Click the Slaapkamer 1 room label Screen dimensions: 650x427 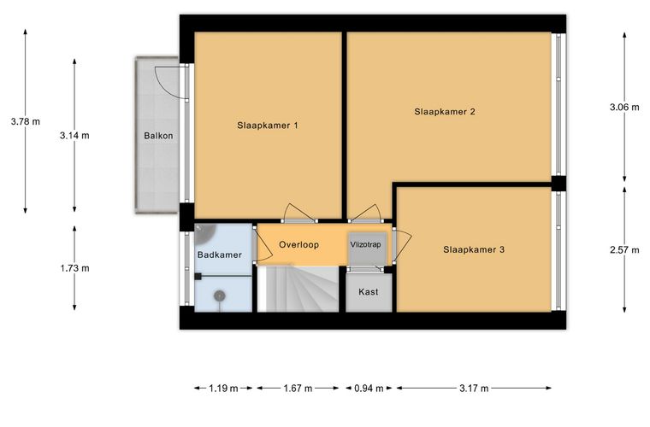(x=268, y=126)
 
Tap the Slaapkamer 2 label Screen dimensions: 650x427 (x=445, y=112)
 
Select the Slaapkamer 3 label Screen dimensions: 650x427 (x=474, y=249)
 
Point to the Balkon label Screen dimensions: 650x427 (x=158, y=136)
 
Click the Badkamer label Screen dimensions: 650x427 (x=219, y=254)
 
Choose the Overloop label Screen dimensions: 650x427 (x=298, y=244)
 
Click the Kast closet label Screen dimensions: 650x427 (x=368, y=292)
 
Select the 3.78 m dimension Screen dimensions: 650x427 (x=26, y=121)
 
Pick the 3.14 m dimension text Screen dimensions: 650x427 (x=74, y=135)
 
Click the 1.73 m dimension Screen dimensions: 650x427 (x=74, y=268)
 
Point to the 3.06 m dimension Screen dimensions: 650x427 (x=624, y=107)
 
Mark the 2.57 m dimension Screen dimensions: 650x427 (x=624, y=250)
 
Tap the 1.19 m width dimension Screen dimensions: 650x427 (x=223, y=388)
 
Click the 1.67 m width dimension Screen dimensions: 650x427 (x=298, y=388)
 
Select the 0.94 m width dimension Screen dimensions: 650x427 (x=369, y=388)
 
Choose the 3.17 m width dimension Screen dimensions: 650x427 (x=474, y=388)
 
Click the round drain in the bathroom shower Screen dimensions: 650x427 (x=219, y=295)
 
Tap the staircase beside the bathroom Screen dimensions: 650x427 (x=298, y=289)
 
